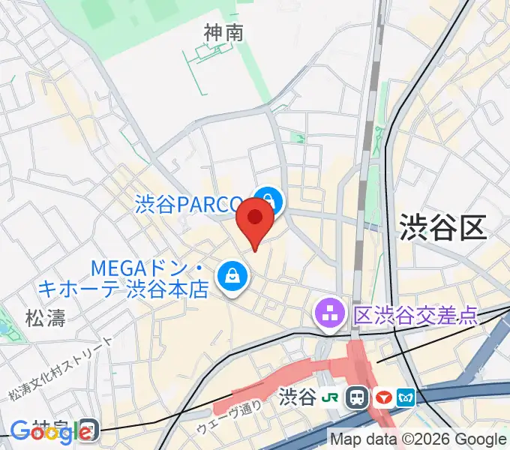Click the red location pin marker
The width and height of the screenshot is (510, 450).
point(254,223)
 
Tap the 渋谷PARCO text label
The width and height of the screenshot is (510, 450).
point(188,204)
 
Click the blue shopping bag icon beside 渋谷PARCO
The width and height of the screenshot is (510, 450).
point(267,201)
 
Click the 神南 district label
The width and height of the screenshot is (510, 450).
point(223,33)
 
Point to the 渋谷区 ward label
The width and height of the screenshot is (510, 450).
point(442,226)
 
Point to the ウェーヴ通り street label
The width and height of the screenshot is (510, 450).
point(229,417)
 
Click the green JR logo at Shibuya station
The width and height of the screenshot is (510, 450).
point(331,397)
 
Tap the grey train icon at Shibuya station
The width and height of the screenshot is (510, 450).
point(357,397)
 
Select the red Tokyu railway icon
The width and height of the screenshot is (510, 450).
point(384,397)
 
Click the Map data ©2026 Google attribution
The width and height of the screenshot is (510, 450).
point(418,439)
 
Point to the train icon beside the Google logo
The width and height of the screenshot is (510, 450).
point(88,430)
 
